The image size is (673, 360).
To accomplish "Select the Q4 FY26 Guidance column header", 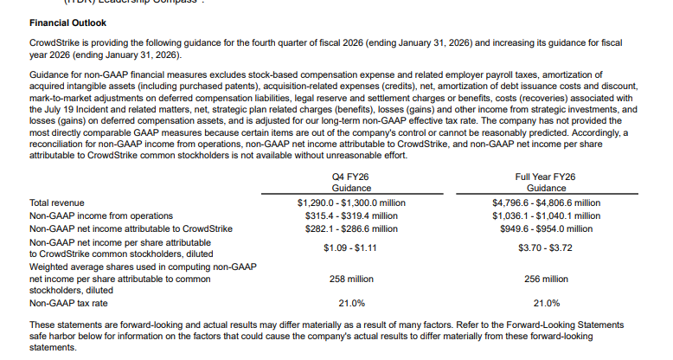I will click(x=352, y=182).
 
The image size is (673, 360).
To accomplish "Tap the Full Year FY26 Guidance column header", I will click(x=546, y=182).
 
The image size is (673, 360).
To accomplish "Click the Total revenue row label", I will click(x=57, y=202).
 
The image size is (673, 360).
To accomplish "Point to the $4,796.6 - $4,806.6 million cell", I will click(x=546, y=202).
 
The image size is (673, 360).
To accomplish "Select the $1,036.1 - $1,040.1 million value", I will click(x=546, y=215).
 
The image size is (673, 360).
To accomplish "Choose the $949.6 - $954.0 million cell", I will click(x=546, y=228).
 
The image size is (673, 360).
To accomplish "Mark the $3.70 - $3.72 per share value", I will click(x=546, y=247).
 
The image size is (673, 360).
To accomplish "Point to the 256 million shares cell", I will click(x=546, y=280).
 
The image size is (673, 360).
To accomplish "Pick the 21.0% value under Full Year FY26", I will click(x=546, y=304).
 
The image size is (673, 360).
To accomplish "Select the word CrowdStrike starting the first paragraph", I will click(x=53, y=42).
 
